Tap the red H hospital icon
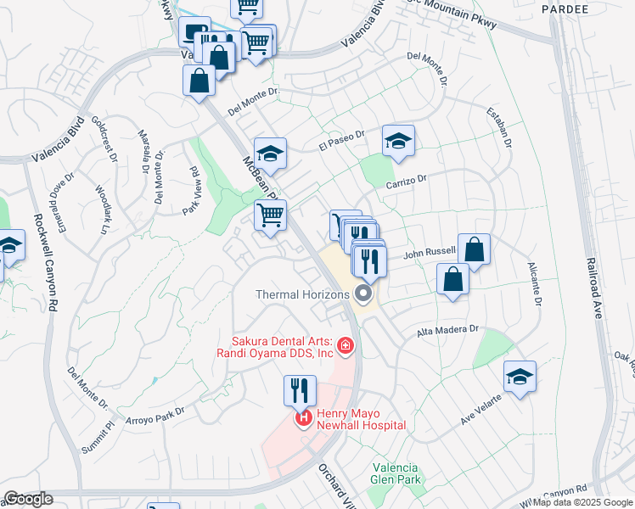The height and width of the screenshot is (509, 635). point(301,419)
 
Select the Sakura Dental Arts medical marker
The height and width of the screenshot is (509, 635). point(345,345)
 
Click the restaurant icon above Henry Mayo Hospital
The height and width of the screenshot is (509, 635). point(300,390)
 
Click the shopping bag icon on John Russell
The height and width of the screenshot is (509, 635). point(474,249)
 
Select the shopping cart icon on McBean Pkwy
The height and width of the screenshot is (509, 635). point(270,216)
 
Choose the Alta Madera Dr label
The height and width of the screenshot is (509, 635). point(448,330)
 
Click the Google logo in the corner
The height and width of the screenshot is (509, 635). point(29,499)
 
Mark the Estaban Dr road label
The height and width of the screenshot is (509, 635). point(499,127)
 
